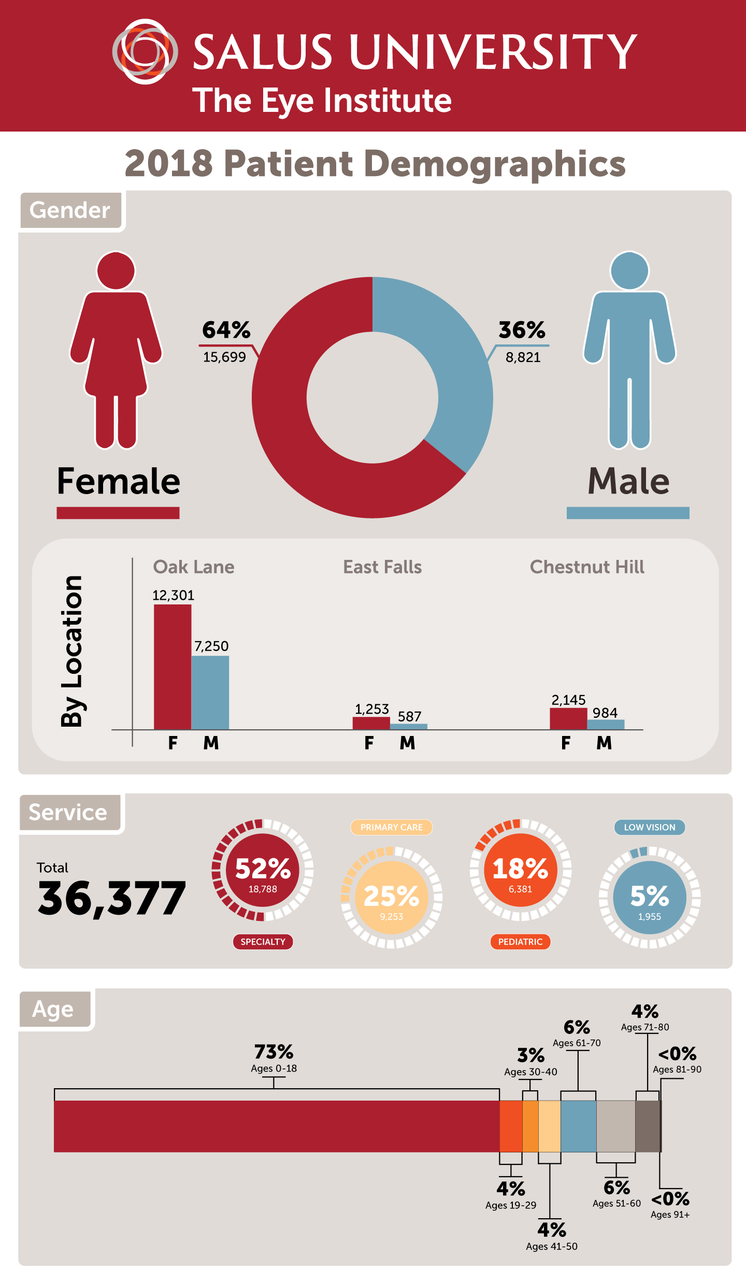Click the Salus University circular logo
click(145, 51)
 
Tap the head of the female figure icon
click(116, 270)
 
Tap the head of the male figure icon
click(629, 270)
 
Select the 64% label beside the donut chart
click(226, 330)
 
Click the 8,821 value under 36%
click(523, 357)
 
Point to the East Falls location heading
click(382, 567)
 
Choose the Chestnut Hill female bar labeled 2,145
click(568, 718)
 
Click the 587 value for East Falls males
click(409, 716)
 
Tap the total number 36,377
click(111, 898)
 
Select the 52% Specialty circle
click(263, 871)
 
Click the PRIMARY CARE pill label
click(392, 827)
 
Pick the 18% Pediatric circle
click(520, 871)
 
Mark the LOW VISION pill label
click(649, 827)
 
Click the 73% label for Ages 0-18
click(274, 1052)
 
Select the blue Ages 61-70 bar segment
click(578, 1126)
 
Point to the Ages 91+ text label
click(670, 1215)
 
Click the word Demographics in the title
click(495, 164)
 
